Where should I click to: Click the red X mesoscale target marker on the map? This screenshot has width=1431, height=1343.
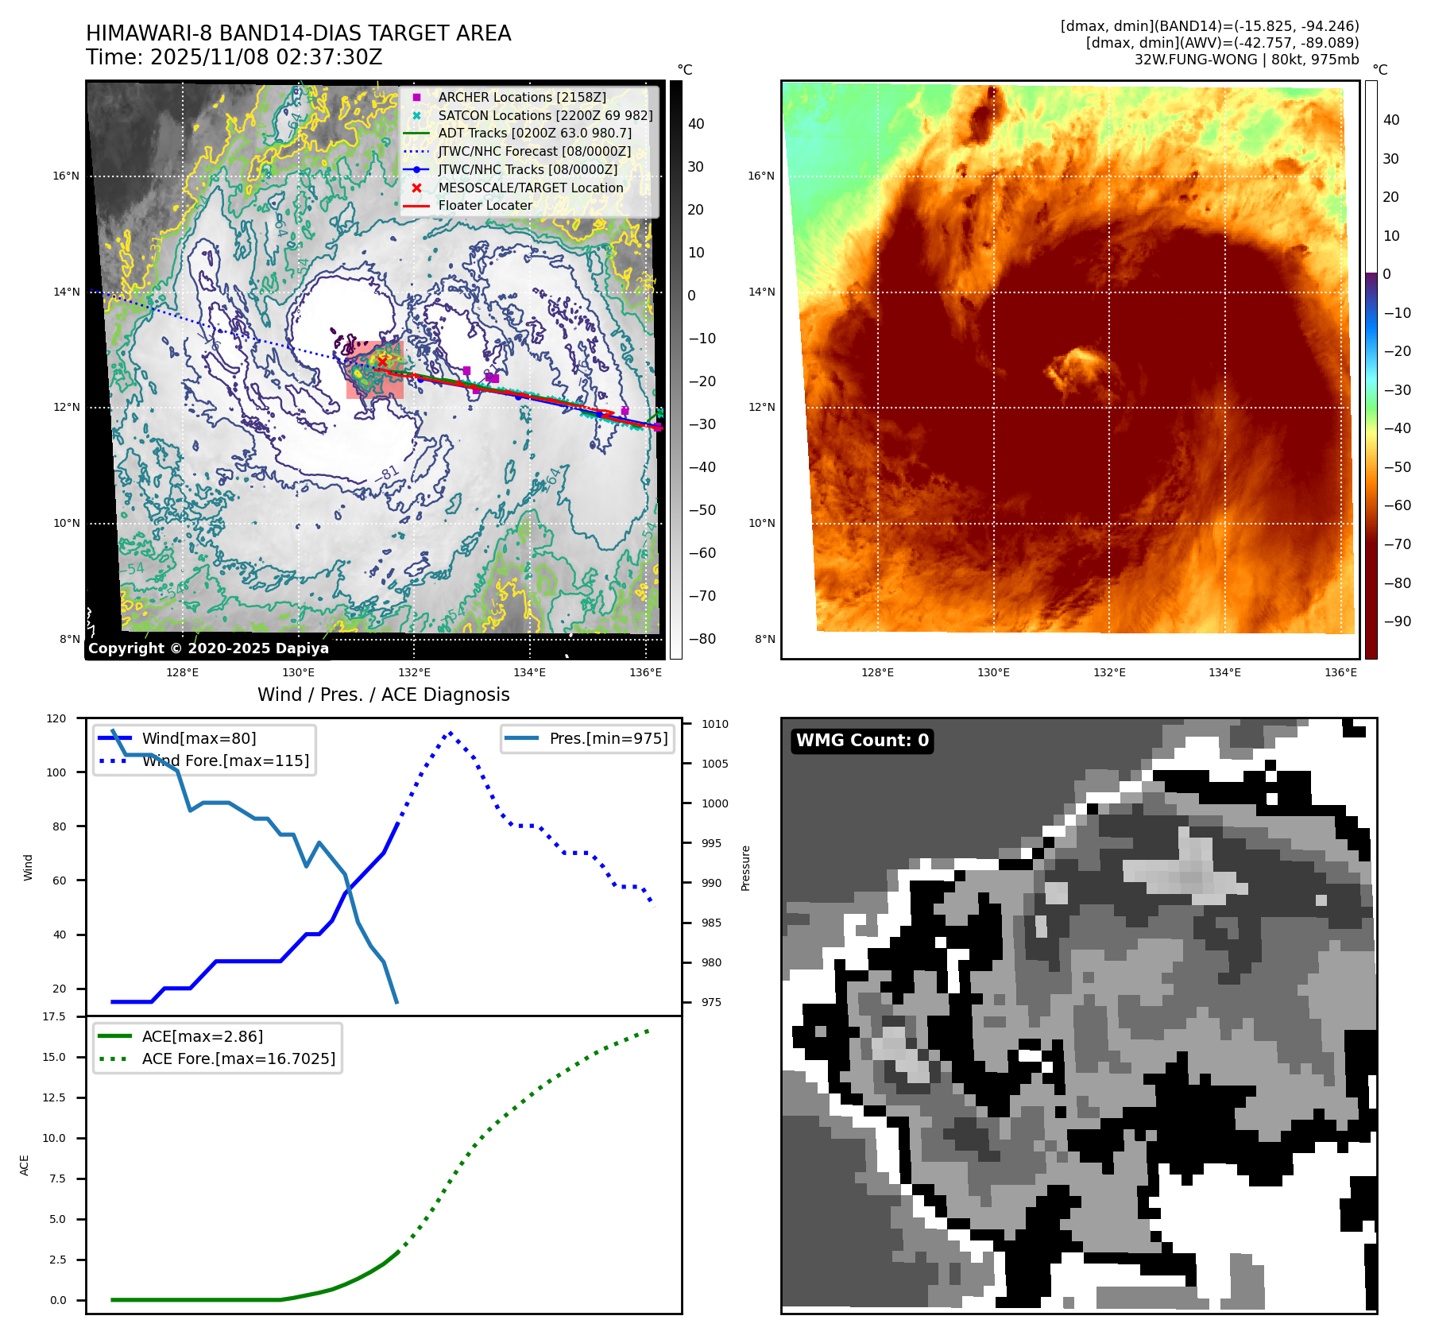pyautogui.click(x=382, y=362)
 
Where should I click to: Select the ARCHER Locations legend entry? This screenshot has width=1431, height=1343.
pyautogui.click(x=521, y=97)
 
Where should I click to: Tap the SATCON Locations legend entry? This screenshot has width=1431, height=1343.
pyautogui.click(x=544, y=115)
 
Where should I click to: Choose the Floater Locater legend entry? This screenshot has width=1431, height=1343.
pyautogui.click(x=485, y=205)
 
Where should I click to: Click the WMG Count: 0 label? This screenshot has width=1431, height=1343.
pyautogui.click(x=862, y=741)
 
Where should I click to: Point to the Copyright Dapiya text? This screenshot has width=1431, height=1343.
pyautogui.click(x=208, y=648)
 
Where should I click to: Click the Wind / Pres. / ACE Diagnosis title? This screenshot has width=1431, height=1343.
pyautogui.click(x=383, y=695)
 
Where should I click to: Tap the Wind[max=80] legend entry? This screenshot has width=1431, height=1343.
pyautogui.click(x=199, y=738)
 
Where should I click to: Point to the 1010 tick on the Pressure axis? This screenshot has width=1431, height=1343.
pyautogui.click(x=714, y=724)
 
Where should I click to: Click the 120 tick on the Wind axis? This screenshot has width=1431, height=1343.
pyautogui.click(x=56, y=718)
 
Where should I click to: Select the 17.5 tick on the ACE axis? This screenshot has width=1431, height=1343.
pyautogui.click(x=54, y=1016)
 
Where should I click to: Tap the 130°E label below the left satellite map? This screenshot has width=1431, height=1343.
pyautogui.click(x=299, y=672)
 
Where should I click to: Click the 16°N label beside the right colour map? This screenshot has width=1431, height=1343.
pyautogui.click(x=760, y=176)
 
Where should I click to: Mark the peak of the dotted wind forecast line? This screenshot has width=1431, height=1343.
pyautogui.click(x=451, y=733)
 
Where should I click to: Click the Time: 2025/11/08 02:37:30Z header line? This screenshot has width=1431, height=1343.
pyautogui.click(x=234, y=57)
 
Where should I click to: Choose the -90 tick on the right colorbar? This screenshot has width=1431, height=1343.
pyautogui.click(x=1397, y=621)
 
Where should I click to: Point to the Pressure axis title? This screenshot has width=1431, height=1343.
pyautogui.click(x=745, y=868)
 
